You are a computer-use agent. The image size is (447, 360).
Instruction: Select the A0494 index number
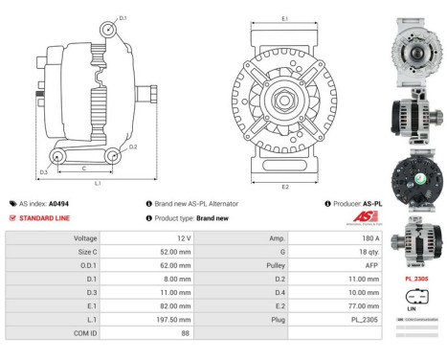(x=58, y=203)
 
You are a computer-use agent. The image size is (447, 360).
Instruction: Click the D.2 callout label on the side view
(x=133, y=146)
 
